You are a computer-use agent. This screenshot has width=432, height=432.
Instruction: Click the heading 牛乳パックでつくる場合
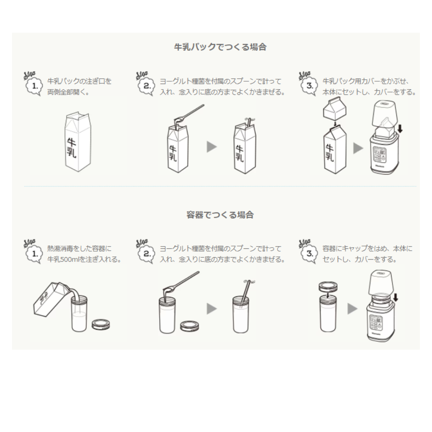point(220,47)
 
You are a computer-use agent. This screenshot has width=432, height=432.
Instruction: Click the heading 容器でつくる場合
point(220,215)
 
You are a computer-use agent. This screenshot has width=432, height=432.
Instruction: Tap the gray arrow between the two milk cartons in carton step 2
point(212,147)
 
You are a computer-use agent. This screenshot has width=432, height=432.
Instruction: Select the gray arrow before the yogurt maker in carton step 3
point(358,148)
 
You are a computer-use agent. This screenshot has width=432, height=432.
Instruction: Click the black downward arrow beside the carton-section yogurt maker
point(400,128)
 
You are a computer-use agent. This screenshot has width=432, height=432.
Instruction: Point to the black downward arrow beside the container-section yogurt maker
point(396,297)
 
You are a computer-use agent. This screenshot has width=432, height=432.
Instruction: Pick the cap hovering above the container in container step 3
point(328,287)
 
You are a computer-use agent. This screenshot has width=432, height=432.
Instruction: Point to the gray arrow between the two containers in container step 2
point(212,308)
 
